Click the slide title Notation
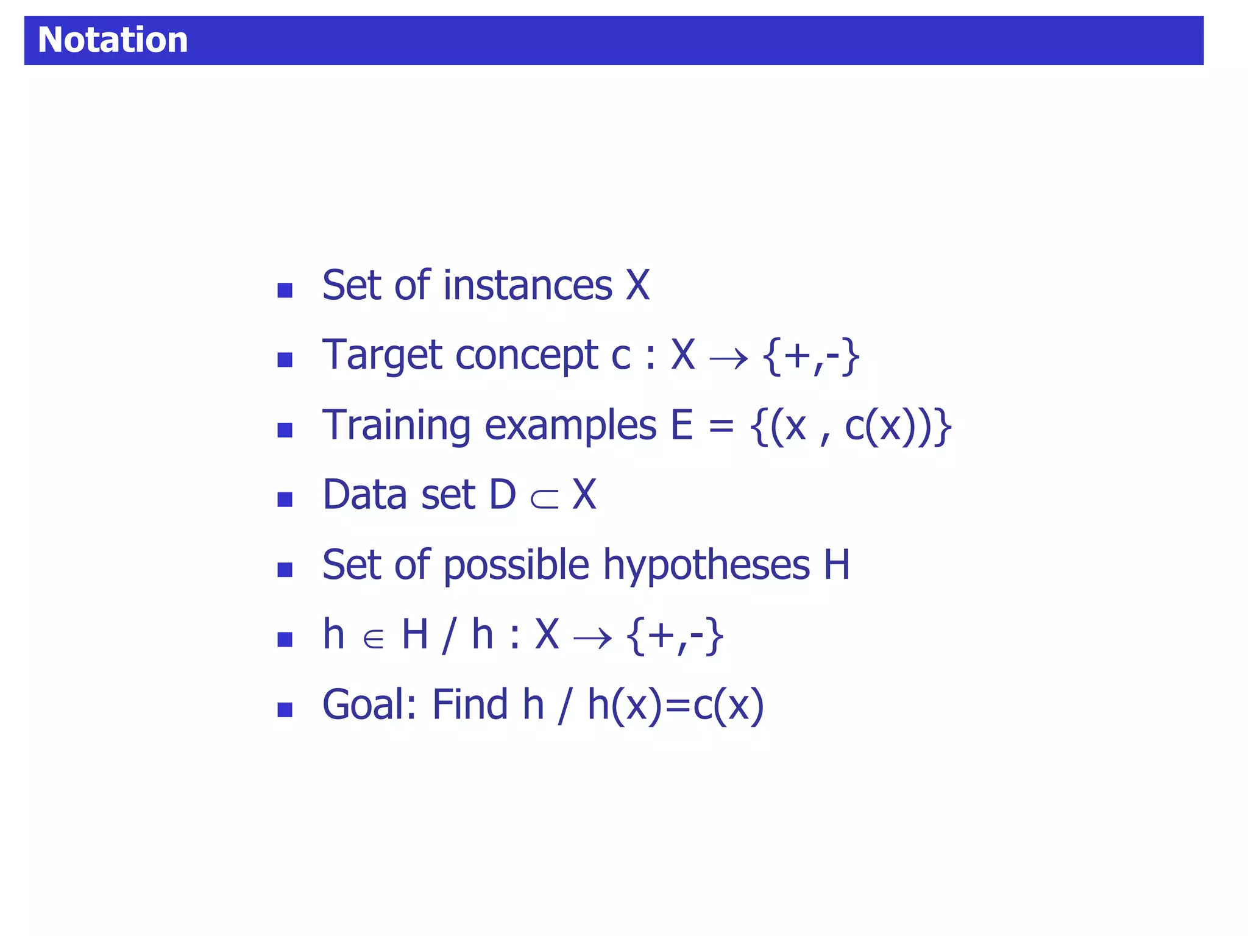point(113,40)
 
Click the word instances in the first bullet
point(528,285)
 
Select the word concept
point(526,356)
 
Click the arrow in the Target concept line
point(729,358)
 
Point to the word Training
point(396,425)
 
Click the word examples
point(570,425)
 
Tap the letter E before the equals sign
point(682,425)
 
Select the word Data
point(364,494)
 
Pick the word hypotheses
point(706,565)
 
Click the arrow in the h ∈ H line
point(592,639)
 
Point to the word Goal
point(369,704)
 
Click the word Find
point(470,704)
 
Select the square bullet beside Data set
point(285,500)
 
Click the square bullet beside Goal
point(285,710)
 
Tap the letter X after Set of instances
point(638,285)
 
